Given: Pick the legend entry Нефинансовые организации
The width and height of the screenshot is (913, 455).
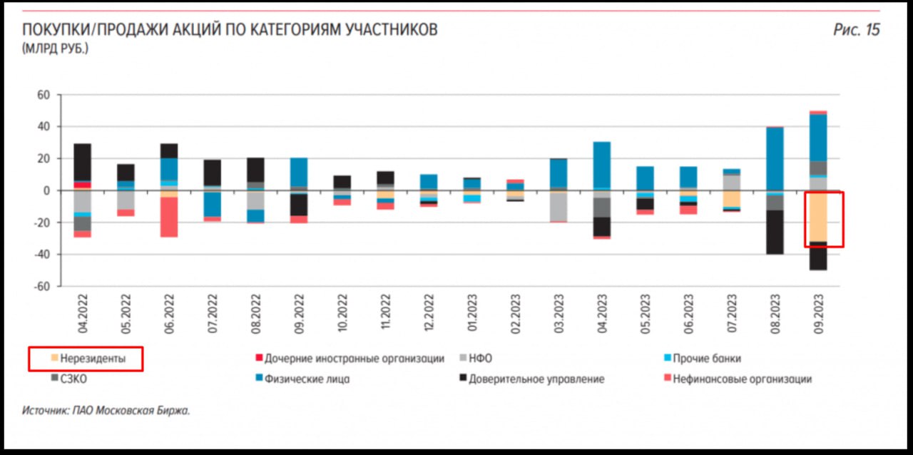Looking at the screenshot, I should [742, 379].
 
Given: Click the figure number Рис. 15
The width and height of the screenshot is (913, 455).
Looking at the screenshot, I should [856, 30].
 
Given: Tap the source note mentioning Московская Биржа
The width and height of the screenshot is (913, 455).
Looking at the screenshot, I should [106, 411].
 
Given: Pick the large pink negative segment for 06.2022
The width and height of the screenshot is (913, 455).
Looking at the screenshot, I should [169, 217].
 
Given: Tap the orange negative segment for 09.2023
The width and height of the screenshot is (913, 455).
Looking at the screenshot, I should [818, 216].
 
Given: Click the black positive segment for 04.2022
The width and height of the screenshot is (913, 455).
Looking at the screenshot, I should [83, 161].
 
